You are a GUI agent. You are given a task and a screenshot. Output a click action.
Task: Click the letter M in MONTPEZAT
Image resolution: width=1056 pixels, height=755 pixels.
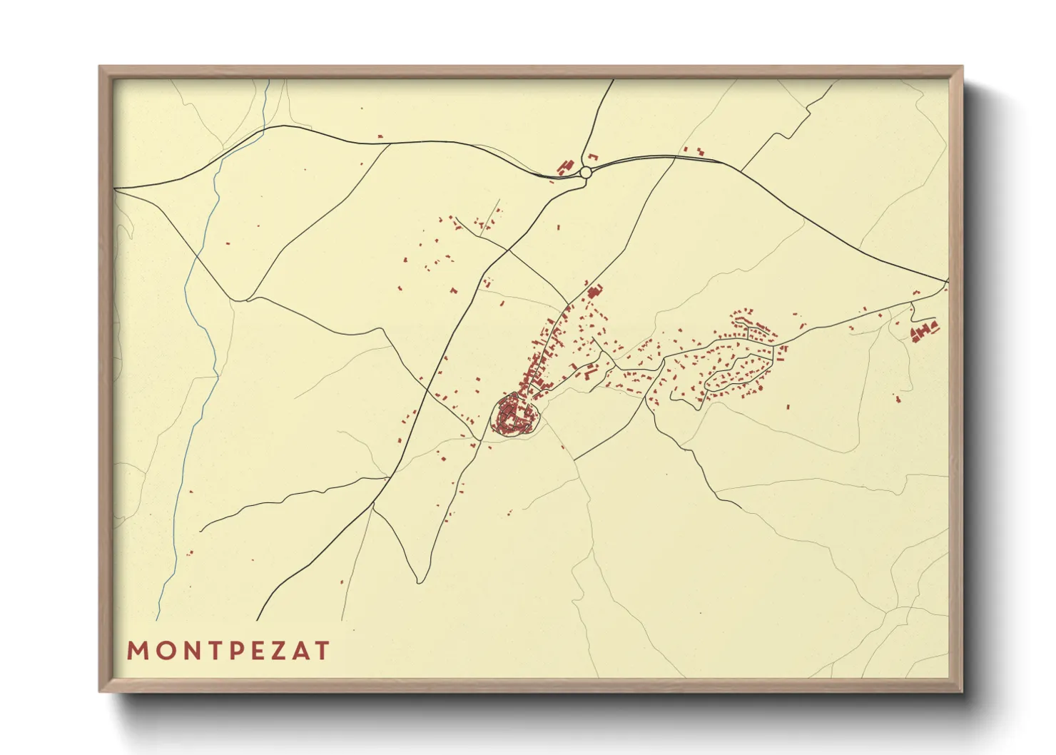[x=137, y=651]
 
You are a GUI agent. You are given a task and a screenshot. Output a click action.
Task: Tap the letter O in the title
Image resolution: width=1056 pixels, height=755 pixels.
[x=162, y=651]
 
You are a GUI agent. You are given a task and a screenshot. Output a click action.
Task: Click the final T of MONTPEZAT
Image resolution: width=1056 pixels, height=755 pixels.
[x=323, y=651]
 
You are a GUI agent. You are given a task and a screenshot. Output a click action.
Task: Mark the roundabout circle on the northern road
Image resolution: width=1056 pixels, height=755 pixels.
[x=586, y=172]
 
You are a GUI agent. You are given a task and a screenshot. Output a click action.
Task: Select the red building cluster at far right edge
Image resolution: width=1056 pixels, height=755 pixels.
[x=923, y=330]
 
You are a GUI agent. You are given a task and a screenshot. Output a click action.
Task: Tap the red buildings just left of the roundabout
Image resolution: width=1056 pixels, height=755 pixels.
[x=567, y=167]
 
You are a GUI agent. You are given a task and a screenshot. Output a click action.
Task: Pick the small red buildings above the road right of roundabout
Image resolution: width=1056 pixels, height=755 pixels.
[x=693, y=151]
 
